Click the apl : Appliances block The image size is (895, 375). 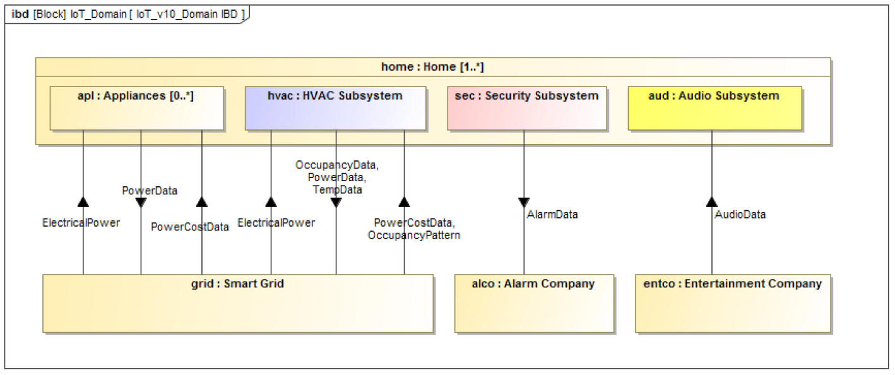pyautogui.click(x=136, y=108)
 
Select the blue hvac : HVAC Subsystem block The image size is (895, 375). pyautogui.click(x=336, y=108)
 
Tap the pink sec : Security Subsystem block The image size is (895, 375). pyautogui.click(x=527, y=108)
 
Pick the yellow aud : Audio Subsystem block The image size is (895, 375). pyautogui.click(x=715, y=108)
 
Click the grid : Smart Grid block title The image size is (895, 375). pyautogui.click(x=237, y=283)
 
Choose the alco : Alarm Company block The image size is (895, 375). pyautogui.click(x=534, y=304)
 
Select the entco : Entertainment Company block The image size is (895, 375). pyautogui.click(x=733, y=304)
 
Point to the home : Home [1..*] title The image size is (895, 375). pyautogui.click(x=432, y=67)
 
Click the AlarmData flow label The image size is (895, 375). pyautogui.click(x=552, y=215)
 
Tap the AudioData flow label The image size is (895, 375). pyautogui.click(x=740, y=215)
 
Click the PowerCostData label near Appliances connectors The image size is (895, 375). pyautogui.click(x=190, y=227)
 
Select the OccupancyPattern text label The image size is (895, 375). pyautogui.click(x=414, y=235)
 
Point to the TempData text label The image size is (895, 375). pyautogui.click(x=337, y=189)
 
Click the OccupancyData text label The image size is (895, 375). pyautogui.click(x=336, y=165)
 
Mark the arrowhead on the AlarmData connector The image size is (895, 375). pyautogui.click(x=524, y=202)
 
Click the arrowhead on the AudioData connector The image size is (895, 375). pyautogui.click(x=711, y=202)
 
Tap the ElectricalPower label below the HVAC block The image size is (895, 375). pyautogui.click(x=276, y=223)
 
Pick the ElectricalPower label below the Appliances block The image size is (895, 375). pyautogui.click(x=81, y=223)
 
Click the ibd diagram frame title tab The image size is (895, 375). pyautogui.click(x=127, y=15)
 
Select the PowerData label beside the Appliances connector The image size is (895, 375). pyautogui.click(x=150, y=191)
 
